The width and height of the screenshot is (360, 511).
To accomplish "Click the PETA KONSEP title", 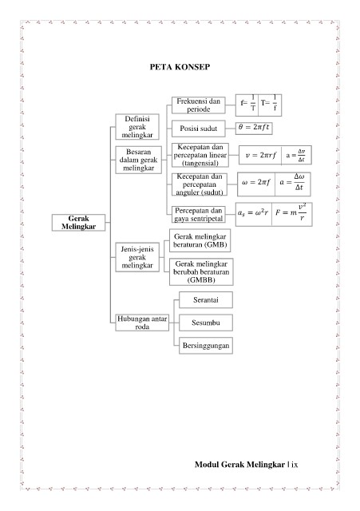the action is click(x=180, y=67).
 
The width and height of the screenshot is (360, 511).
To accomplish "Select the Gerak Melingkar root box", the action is click(x=78, y=223).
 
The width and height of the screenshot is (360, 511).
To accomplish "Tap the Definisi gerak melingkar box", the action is click(x=137, y=127).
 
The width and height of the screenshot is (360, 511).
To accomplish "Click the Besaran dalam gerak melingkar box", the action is click(x=138, y=160).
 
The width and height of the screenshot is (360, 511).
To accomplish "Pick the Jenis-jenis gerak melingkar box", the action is click(x=137, y=257).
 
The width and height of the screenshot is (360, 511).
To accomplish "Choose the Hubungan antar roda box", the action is click(x=142, y=323).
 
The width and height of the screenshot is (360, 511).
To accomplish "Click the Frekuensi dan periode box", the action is click(x=199, y=105).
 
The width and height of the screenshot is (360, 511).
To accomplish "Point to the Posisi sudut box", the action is click(x=199, y=129).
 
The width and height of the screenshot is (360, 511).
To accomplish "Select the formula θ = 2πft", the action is click(x=254, y=128).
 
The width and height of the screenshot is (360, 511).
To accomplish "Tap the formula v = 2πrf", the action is click(x=260, y=155).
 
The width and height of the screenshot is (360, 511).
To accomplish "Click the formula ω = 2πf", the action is click(x=256, y=183).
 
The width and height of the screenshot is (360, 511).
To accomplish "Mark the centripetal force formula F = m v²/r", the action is click(x=291, y=213).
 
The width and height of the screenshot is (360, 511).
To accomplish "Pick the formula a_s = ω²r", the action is click(x=253, y=213).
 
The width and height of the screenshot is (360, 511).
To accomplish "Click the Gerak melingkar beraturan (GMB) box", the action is click(x=200, y=240).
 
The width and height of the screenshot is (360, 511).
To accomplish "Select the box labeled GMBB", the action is click(x=201, y=271).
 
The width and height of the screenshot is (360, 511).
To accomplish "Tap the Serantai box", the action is click(x=206, y=300).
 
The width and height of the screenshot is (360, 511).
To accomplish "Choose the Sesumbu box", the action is click(x=206, y=323).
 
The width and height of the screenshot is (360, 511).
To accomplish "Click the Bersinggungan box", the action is click(x=206, y=346).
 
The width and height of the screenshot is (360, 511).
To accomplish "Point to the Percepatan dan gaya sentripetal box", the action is click(x=199, y=215).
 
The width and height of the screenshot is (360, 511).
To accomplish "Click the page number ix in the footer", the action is click(x=295, y=465).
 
